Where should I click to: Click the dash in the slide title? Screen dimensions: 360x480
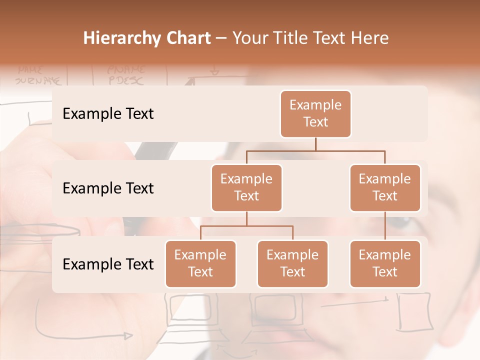[x=221, y=38]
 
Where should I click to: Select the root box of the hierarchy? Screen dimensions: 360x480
[x=315, y=113]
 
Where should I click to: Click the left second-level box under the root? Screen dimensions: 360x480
[x=246, y=187]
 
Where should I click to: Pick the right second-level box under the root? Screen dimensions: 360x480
[x=385, y=187]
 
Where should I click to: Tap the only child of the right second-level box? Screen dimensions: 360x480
[x=385, y=263]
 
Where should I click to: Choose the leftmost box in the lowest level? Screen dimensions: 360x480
[x=200, y=263]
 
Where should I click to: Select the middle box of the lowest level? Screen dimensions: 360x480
[x=292, y=263]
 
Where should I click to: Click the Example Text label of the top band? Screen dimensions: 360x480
[x=108, y=114]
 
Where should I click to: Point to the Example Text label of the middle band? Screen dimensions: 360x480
[x=108, y=188]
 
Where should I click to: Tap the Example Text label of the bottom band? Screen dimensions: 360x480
[x=108, y=264]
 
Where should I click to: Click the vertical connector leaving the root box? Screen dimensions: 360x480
[x=315, y=144]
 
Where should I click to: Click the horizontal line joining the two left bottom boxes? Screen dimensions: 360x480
[x=246, y=226]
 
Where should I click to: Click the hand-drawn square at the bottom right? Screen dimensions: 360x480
[x=414, y=311]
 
